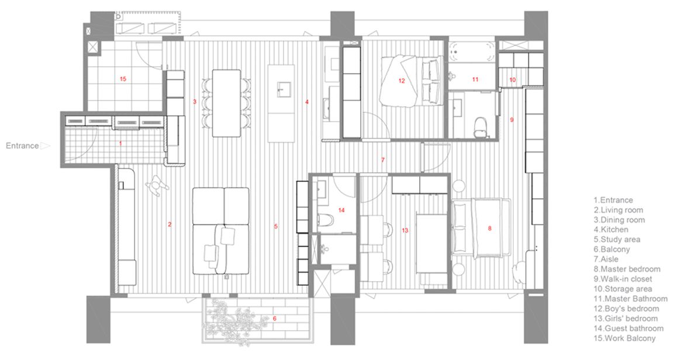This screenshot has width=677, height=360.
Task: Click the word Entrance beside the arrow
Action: point(22,146)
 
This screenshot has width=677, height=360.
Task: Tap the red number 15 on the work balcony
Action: point(123,79)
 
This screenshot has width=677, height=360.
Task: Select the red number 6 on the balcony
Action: point(274,319)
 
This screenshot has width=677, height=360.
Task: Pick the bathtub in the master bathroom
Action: point(471,51)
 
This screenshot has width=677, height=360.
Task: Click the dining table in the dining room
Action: point(226,103)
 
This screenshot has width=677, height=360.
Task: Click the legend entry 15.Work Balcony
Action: point(624,338)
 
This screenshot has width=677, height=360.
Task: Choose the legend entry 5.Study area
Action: point(617,239)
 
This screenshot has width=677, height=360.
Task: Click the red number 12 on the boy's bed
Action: point(402,81)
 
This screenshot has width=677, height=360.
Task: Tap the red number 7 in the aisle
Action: point(382,160)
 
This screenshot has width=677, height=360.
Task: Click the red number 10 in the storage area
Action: point(513,80)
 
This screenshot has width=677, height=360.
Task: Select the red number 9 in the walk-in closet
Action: point(512,120)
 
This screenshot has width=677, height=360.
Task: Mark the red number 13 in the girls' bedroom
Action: point(405,230)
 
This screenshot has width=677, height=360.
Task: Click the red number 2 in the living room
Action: point(170,224)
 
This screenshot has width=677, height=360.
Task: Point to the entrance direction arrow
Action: point(46,146)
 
